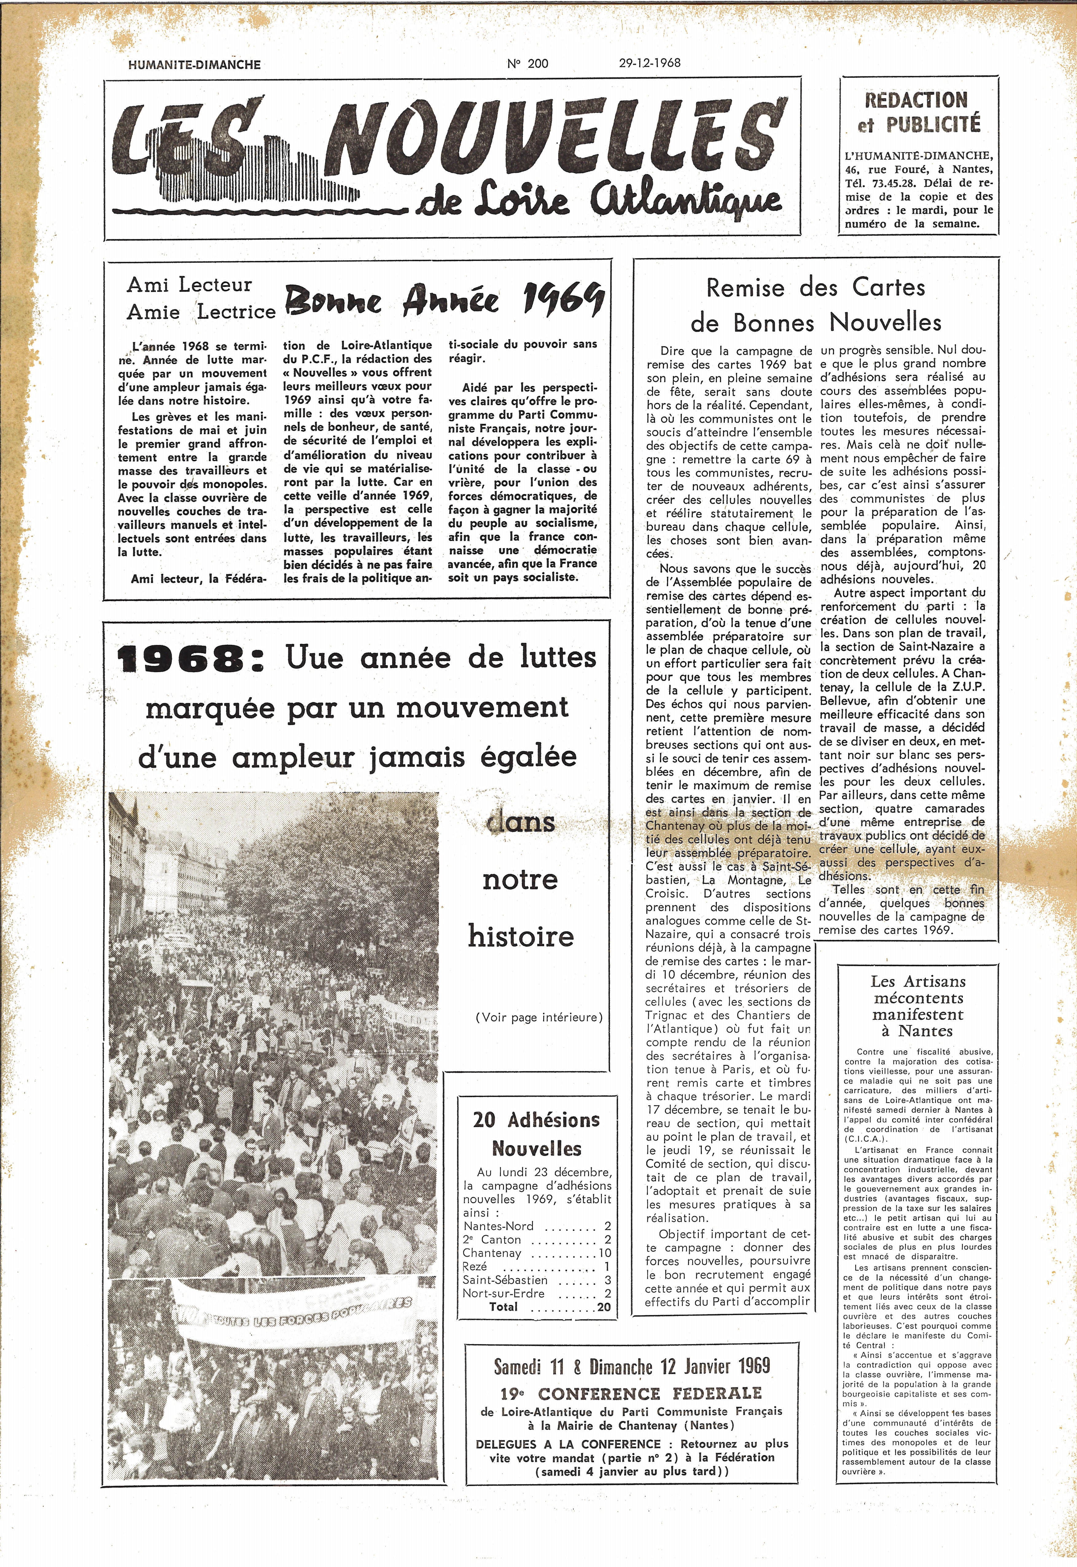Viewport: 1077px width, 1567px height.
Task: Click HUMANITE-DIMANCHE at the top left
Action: coord(194,65)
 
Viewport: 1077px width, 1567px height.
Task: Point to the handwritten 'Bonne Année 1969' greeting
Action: coord(444,298)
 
